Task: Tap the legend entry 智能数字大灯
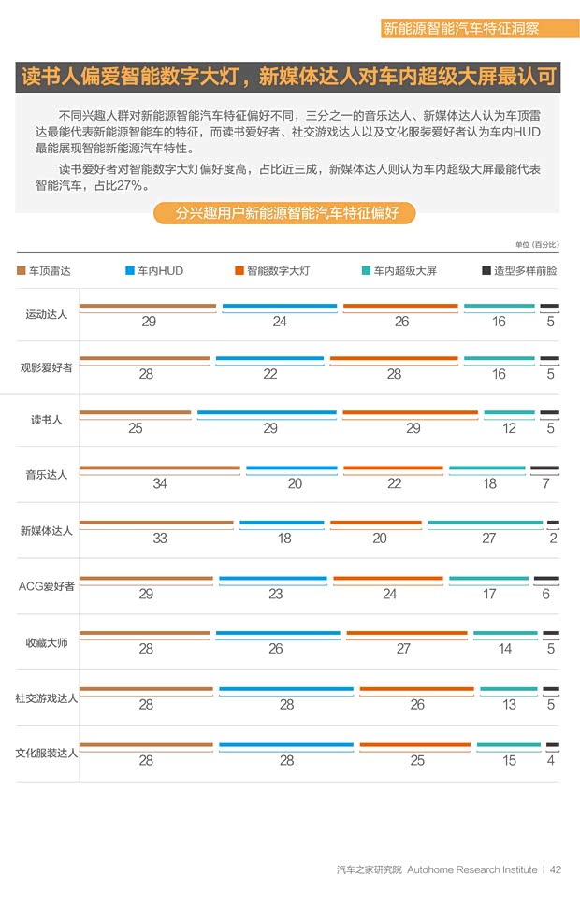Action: click(271, 270)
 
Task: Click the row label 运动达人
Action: click(46, 314)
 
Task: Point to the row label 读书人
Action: click(46, 420)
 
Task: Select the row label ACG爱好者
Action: click(46, 586)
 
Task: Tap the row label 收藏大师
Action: click(46, 642)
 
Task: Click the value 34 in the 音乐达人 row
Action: click(160, 483)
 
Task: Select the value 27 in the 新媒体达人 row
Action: click(489, 538)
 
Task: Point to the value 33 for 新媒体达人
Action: click(160, 538)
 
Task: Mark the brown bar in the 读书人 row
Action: click(135, 412)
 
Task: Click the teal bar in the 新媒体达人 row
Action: click(485, 523)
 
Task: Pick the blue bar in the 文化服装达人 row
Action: click(285, 745)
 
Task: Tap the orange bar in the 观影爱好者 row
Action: click(393, 359)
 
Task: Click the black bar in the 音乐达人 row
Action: click(544, 468)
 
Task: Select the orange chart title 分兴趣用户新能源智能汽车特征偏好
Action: click(286, 213)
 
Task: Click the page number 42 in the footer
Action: click(556, 869)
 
